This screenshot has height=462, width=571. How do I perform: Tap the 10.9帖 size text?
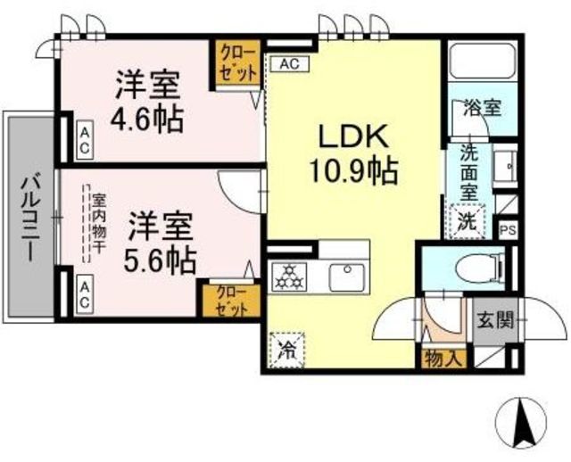(352, 170)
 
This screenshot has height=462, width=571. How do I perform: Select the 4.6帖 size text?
(146, 120)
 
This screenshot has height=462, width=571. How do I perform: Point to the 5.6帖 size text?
(160, 260)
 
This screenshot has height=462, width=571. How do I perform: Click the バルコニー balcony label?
(29, 219)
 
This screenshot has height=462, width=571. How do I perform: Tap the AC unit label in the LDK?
(290, 63)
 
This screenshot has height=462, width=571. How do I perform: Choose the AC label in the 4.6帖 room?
(85, 140)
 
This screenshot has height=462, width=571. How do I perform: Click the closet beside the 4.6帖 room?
(237, 63)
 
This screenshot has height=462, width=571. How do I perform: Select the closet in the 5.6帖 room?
(232, 301)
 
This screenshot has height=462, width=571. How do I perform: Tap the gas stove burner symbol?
(289, 277)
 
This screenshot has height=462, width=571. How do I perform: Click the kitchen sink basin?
(347, 277)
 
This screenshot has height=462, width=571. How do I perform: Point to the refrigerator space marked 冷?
(287, 350)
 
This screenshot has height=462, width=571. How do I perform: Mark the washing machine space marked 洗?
(468, 221)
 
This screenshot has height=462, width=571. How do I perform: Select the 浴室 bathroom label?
(483, 107)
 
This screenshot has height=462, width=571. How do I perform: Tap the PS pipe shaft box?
(508, 230)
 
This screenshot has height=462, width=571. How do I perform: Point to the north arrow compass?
(523, 422)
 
